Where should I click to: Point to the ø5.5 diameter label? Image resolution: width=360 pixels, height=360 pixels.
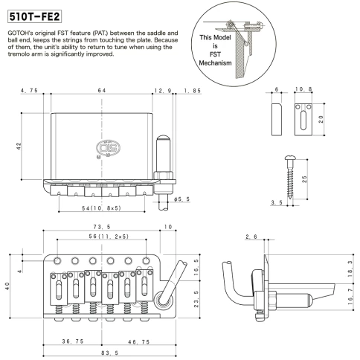(x=181, y=200)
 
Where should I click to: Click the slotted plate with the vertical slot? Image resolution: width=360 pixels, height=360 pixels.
(x=305, y=119)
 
